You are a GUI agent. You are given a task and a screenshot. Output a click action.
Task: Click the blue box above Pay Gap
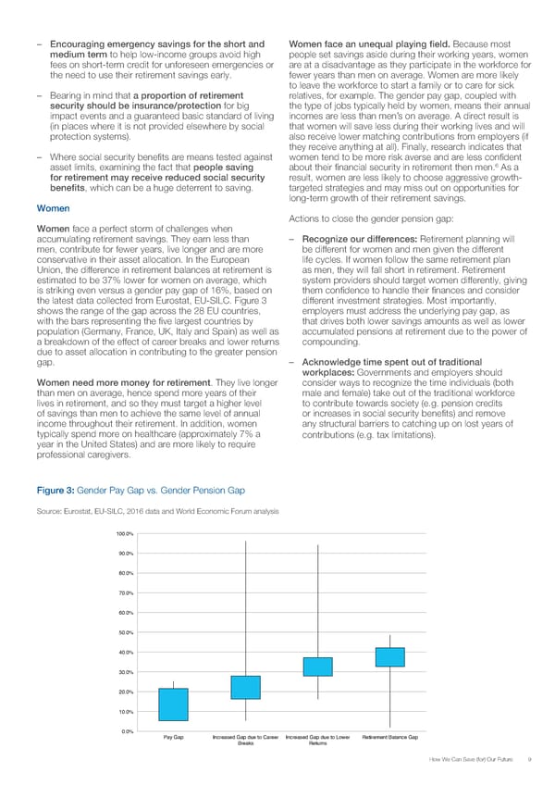coord(173,704)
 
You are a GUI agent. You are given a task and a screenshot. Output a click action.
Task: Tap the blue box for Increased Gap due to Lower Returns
coord(317,667)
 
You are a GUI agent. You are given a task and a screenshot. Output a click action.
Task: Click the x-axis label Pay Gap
coord(173,737)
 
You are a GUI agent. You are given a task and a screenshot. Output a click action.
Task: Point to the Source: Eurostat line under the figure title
coord(154,511)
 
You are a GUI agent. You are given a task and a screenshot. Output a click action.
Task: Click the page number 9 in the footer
coord(526,760)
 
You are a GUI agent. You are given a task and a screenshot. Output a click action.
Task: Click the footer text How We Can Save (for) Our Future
coord(471,760)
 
